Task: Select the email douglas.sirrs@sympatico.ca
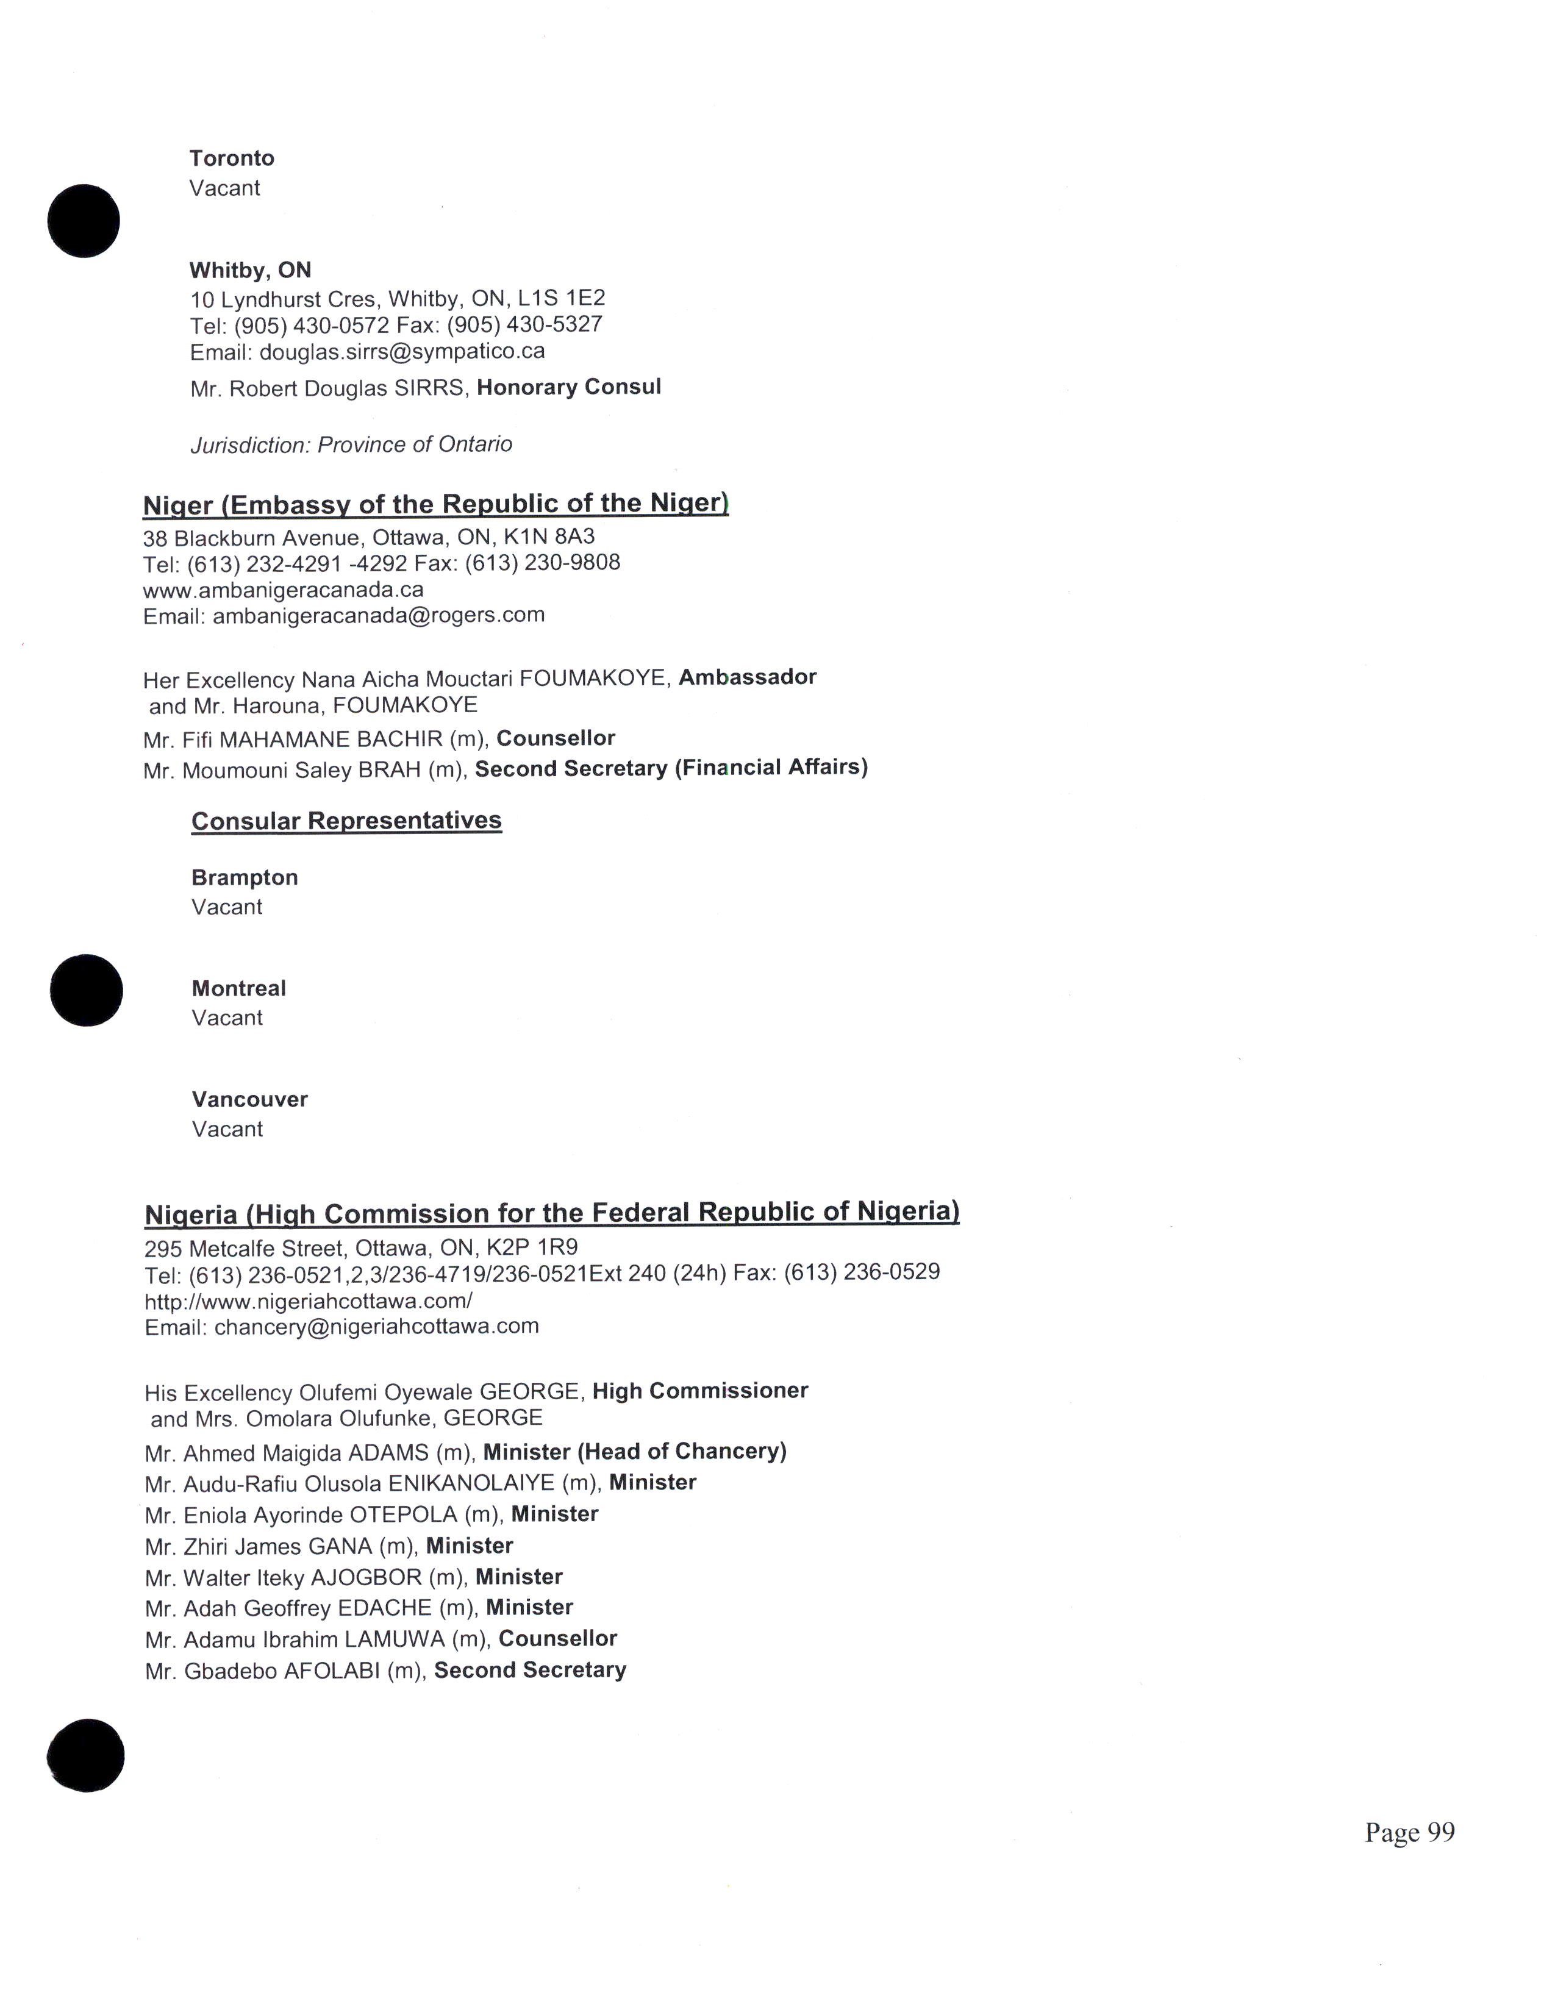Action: tap(402, 352)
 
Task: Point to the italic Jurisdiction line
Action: tap(351, 445)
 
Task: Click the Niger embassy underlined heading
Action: tap(436, 504)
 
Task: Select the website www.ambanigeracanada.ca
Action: tap(283, 590)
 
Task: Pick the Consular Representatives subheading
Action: tap(346, 821)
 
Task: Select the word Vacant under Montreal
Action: tap(227, 1019)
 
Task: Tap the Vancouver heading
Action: tap(249, 1100)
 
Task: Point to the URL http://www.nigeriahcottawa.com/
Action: tap(309, 1302)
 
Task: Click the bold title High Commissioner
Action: tap(700, 1391)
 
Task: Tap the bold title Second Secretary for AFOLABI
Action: tap(530, 1670)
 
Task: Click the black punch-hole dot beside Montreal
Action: tap(85, 990)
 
